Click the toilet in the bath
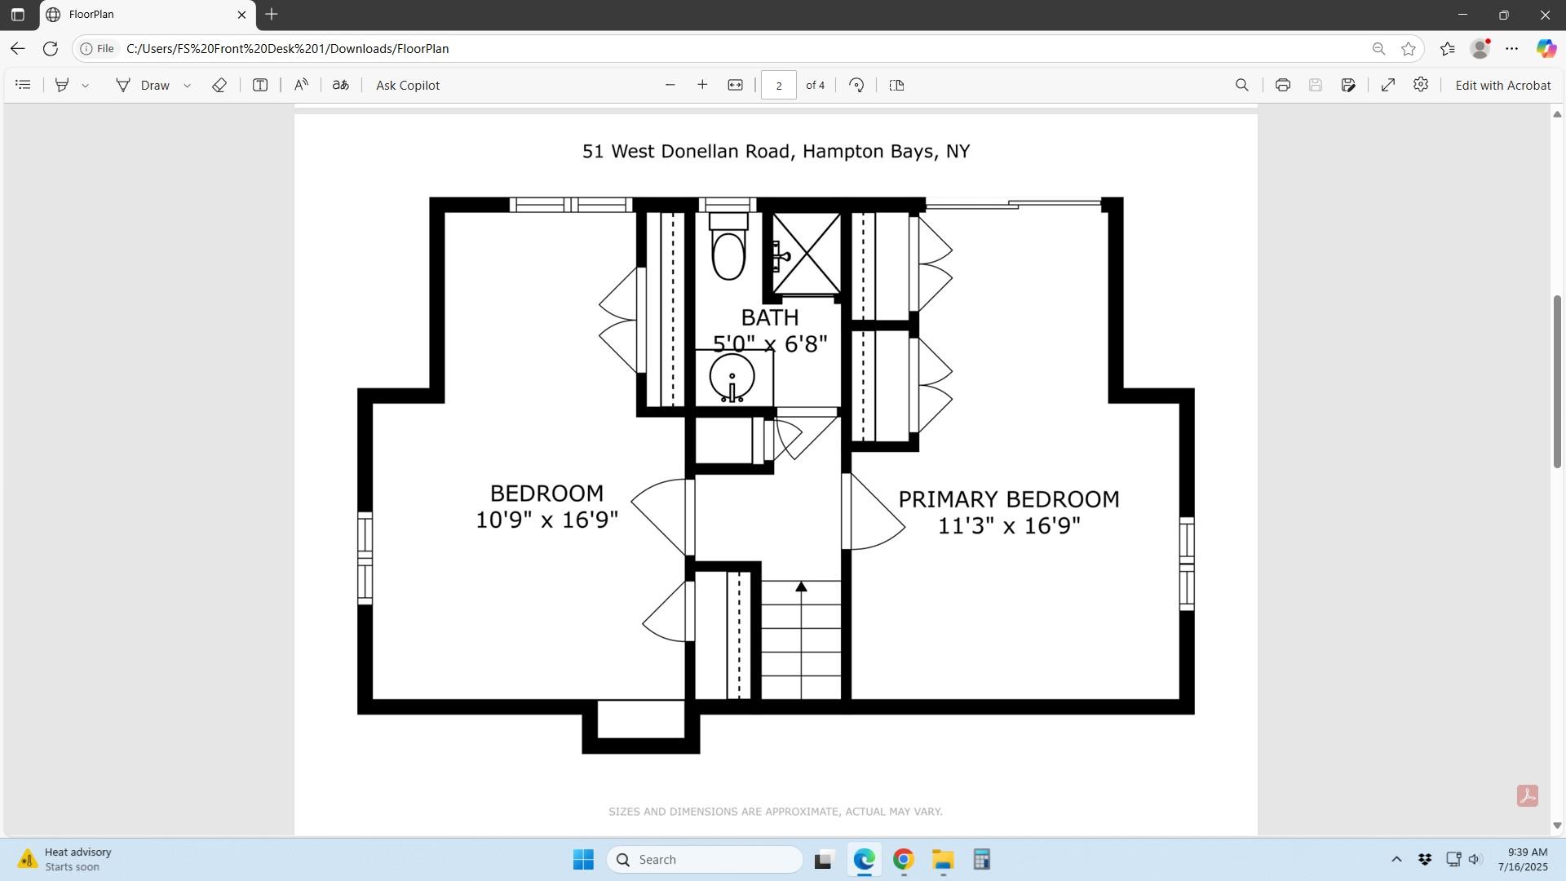pyautogui.click(x=728, y=246)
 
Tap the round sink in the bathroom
pyautogui.click(x=732, y=377)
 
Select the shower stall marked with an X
pyautogui.click(x=806, y=253)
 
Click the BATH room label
pyautogui.click(x=769, y=317)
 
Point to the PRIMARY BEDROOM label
pyautogui.click(x=1009, y=499)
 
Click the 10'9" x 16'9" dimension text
pyautogui.click(x=546, y=520)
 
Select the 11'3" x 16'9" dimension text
pyautogui.click(x=1009, y=525)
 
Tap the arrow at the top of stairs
pyautogui.click(x=801, y=587)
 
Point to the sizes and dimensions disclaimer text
pyautogui.click(x=775, y=812)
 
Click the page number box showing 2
pyautogui.click(x=778, y=86)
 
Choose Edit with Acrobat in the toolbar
pyautogui.click(x=1502, y=86)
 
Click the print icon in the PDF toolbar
pyautogui.click(x=1282, y=86)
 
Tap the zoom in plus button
pyautogui.click(x=701, y=86)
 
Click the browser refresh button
pyautogui.click(x=50, y=49)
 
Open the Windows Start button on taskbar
pyautogui.click(x=583, y=860)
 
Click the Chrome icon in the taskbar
pyautogui.click(x=903, y=860)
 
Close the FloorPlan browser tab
pyautogui.click(x=241, y=15)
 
